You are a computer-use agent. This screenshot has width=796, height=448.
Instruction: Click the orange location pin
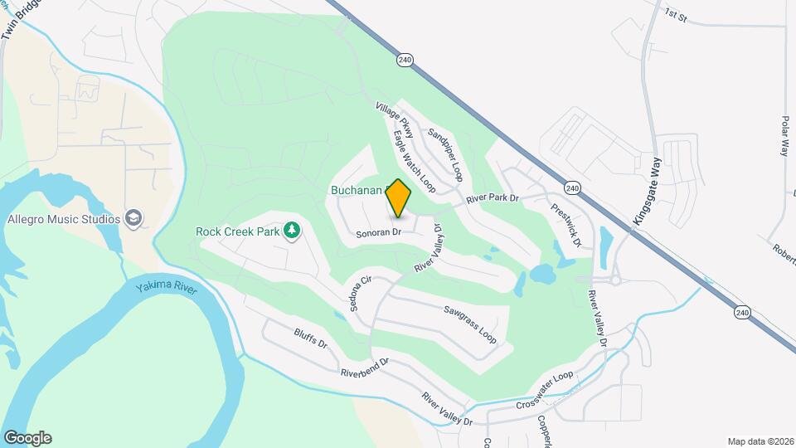tap(398, 198)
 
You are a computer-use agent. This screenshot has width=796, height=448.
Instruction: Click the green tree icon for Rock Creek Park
tap(291, 230)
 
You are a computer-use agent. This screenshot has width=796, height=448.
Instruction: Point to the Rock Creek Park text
tap(237, 231)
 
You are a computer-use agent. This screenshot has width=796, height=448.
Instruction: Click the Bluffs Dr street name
tap(311, 343)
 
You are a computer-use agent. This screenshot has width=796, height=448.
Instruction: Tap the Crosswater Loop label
tap(545, 390)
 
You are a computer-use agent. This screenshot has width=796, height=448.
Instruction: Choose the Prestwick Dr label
tap(567, 224)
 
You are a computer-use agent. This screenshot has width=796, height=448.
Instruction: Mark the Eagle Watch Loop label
tap(414, 160)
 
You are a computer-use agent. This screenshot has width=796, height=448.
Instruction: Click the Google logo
tap(27, 438)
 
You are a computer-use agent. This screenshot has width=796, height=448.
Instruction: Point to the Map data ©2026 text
tap(760, 441)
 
